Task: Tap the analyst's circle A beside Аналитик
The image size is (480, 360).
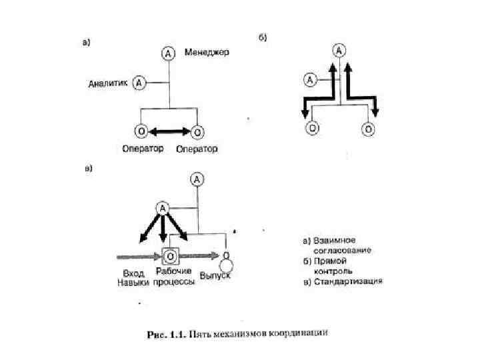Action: (139, 83)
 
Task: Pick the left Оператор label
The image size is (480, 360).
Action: (143, 148)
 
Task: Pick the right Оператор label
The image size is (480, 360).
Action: (197, 149)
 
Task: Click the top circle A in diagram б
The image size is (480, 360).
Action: (340, 51)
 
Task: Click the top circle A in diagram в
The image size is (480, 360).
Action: (197, 179)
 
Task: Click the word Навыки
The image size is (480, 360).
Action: (129, 283)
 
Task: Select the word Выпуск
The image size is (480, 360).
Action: (215, 275)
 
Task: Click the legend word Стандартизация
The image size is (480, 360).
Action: (349, 281)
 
